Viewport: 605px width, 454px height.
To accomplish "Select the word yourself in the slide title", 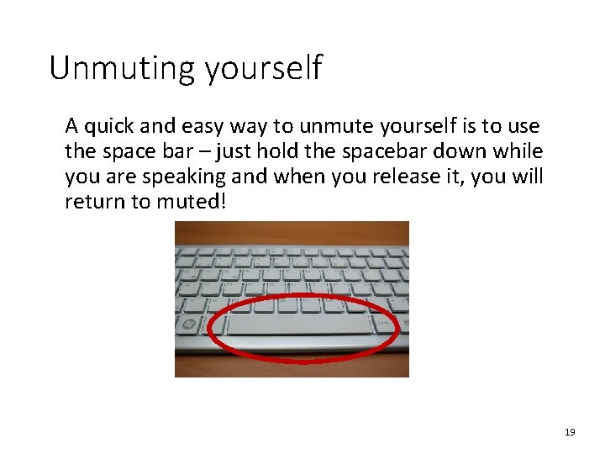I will point(262,70).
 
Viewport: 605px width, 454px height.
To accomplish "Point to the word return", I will point(91,203).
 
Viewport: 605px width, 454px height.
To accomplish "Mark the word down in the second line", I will point(470,152).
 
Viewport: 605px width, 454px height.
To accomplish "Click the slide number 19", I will point(570,432).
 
